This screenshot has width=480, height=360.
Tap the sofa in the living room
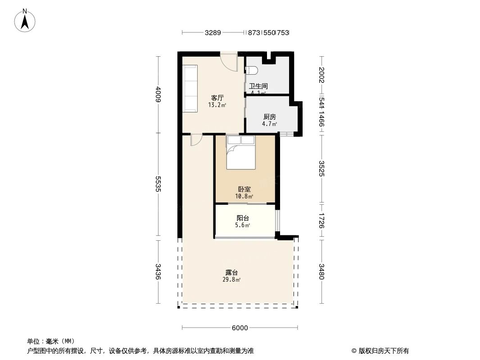point(190,89)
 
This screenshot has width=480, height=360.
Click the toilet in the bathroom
point(251,70)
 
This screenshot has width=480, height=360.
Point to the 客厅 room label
point(218,98)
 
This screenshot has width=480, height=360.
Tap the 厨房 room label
point(270,117)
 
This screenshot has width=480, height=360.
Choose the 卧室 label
point(245,189)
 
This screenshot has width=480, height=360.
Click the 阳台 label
point(243,218)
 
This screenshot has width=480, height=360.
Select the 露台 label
point(231,272)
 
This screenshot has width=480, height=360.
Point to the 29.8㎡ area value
point(231,279)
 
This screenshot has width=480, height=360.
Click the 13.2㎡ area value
point(217,105)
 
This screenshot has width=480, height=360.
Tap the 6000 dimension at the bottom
point(240,328)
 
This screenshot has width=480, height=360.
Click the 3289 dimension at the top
point(213,33)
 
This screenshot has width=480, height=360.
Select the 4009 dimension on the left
point(158,94)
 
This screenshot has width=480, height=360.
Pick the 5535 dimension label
point(158,184)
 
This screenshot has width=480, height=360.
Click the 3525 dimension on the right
point(322,168)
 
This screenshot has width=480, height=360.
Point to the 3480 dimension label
point(322,271)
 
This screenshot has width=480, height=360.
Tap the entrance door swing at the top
point(229,63)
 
